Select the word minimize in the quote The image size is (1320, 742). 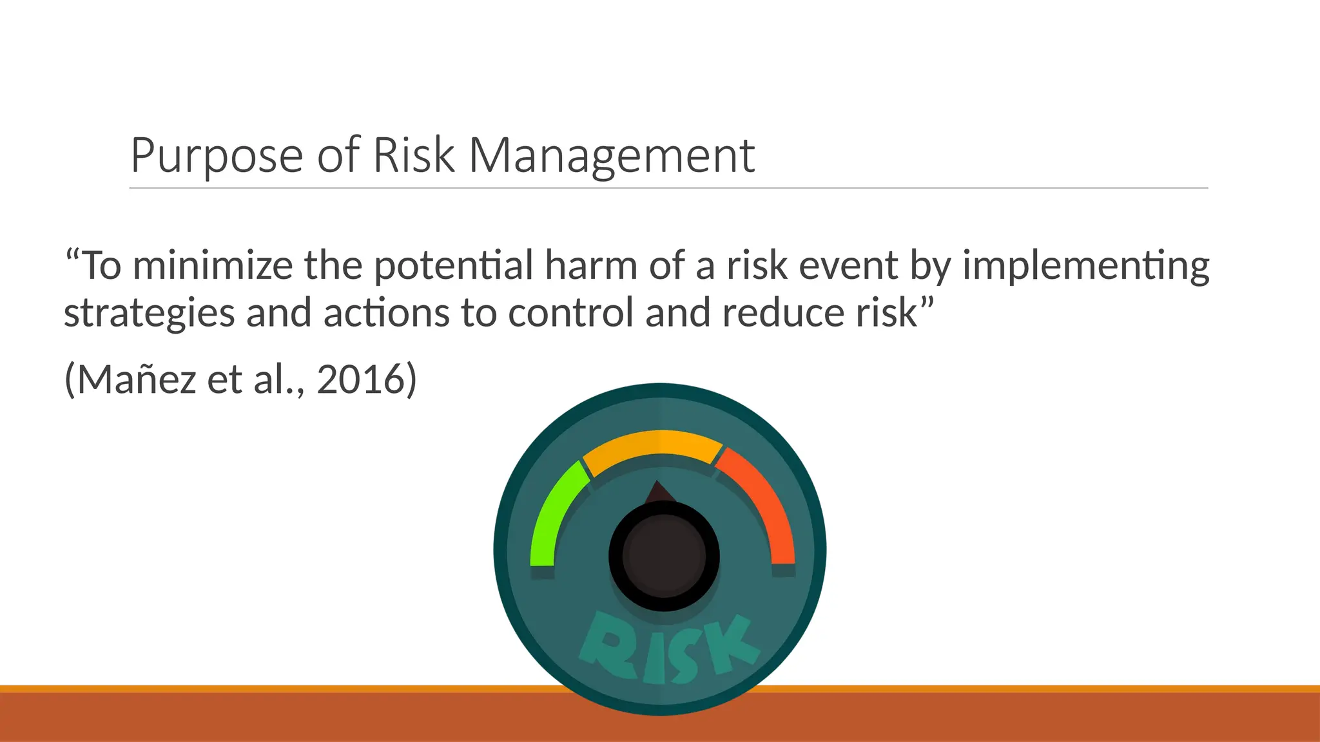(212, 265)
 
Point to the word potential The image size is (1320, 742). (453, 265)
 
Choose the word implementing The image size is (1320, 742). (1085, 265)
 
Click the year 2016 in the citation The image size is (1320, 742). (359, 379)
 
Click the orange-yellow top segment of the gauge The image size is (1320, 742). (652, 447)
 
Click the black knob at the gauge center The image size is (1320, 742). (664, 555)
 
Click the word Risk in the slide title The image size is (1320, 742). (413, 156)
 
